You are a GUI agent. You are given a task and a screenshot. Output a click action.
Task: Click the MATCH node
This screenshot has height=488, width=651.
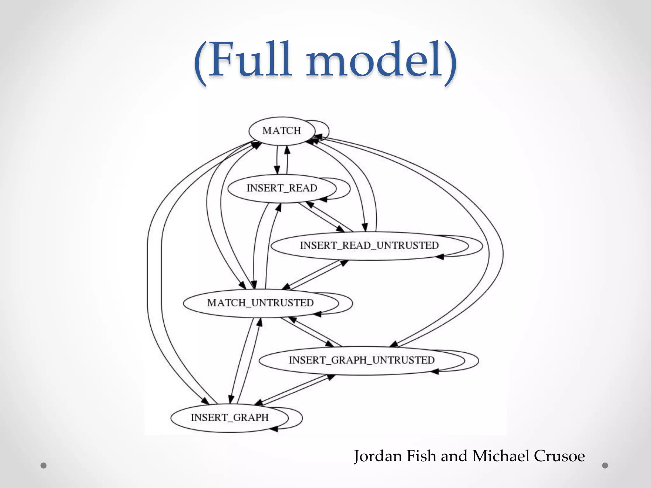click(282, 131)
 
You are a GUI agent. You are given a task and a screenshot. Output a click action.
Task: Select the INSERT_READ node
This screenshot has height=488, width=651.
click(282, 188)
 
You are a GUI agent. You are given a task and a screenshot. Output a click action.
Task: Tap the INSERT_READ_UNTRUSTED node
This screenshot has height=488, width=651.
click(369, 246)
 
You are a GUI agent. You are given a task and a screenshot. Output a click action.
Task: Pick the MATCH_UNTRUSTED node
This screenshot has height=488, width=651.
click(260, 303)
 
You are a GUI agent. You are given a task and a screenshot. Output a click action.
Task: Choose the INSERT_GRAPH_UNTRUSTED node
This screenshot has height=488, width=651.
click(361, 360)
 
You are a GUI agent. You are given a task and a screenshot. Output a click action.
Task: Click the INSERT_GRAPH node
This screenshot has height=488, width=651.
click(230, 417)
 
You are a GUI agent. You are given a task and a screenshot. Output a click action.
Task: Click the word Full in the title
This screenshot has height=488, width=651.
click(250, 60)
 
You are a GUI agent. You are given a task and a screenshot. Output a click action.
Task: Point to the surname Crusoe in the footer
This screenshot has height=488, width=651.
click(559, 456)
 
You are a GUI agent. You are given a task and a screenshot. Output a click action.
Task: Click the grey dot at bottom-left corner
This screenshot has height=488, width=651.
click(44, 465)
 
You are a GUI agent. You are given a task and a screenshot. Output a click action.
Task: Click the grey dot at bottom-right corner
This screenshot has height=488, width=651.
click(605, 465)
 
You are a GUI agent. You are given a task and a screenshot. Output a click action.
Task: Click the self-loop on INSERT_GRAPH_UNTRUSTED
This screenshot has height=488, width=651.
click(478, 360)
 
